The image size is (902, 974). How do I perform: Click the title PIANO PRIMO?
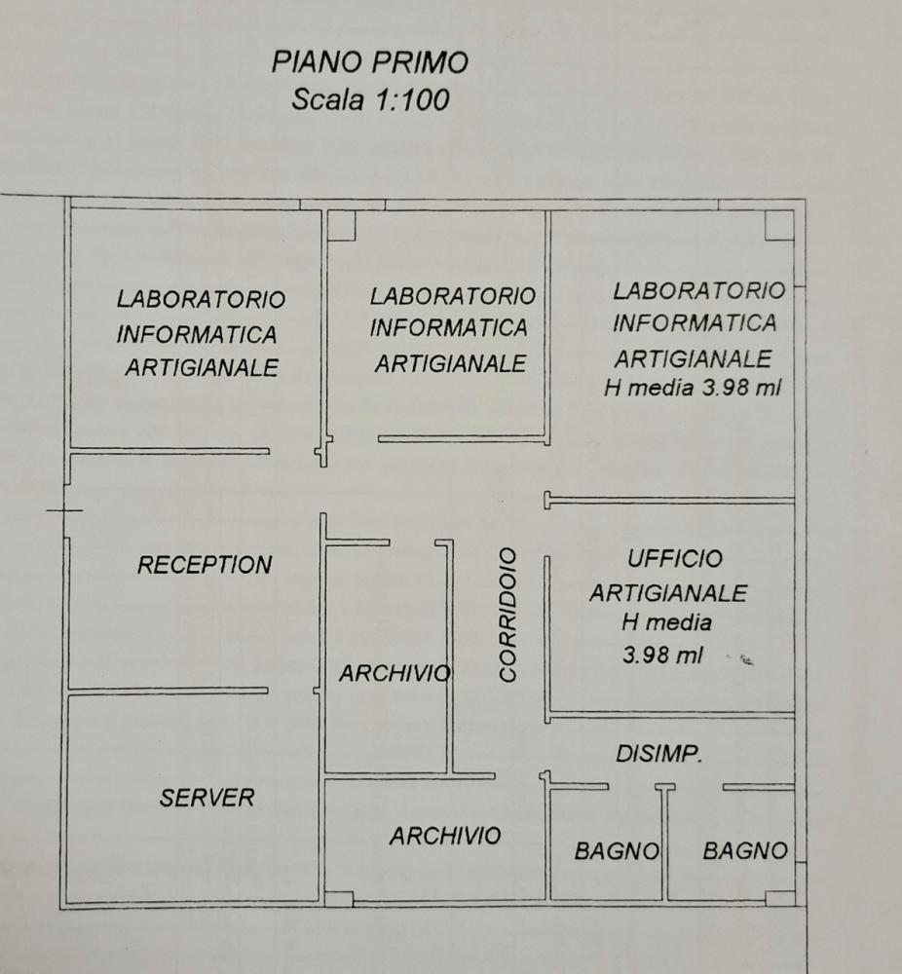(370, 63)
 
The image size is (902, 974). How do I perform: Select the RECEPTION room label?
(205, 565)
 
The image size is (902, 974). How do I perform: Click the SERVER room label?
(207, 798)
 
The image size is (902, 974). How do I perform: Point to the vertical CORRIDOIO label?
(507, 615)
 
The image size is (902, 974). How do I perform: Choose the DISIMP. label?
(659, 753)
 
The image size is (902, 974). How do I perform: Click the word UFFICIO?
(675, 559)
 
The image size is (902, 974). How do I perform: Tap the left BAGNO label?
(617, 851)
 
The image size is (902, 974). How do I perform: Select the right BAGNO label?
(745, 851)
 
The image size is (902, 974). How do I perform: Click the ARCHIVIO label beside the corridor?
(395, 674)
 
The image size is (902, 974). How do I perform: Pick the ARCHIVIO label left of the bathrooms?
(445, 836)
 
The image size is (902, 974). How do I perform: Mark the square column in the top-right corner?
(778, 225)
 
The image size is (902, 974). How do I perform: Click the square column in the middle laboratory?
(340, 226)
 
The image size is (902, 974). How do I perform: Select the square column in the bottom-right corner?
(779, 898)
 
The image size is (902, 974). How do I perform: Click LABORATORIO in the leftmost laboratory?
(201, 298)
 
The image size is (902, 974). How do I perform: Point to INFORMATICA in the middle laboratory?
(448, 328)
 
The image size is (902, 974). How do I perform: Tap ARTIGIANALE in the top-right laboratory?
(693, 358)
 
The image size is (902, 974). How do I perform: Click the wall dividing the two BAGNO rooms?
(665, 843)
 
